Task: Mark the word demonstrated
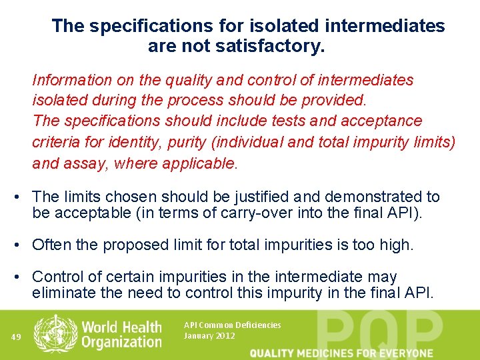click(x=371, y=197)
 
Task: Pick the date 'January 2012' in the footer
click(x=209, y=336)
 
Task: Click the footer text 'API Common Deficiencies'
click(x=232, y=325)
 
